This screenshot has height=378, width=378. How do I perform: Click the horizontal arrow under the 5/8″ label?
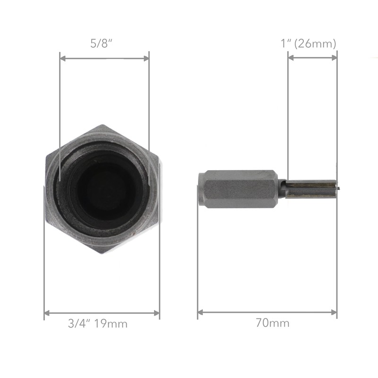click(x=104, y=59)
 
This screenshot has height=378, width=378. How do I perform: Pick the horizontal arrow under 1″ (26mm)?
click(x=312, y=58)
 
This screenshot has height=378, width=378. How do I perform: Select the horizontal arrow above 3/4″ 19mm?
click(x=102, y=313)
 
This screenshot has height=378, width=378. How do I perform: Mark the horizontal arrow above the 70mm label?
click(x=267, y=312)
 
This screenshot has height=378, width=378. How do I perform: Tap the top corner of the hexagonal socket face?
click(x=103, y=126)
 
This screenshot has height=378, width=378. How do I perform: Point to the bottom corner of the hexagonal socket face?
click(x=103, y=253)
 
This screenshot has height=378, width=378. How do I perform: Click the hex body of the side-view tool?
click(x=239, y=189)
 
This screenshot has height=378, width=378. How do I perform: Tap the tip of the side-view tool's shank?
click(x=336, y=189)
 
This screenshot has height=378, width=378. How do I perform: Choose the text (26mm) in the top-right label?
click(x=320, y=43)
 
